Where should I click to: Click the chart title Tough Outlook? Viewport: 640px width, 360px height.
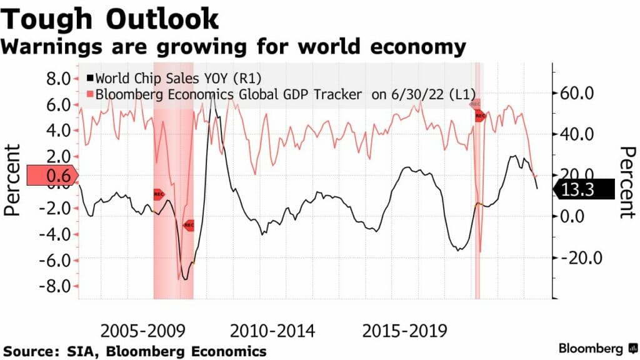(x=111, y=19)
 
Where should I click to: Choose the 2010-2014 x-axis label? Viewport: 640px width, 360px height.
(x=273, y=330)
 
